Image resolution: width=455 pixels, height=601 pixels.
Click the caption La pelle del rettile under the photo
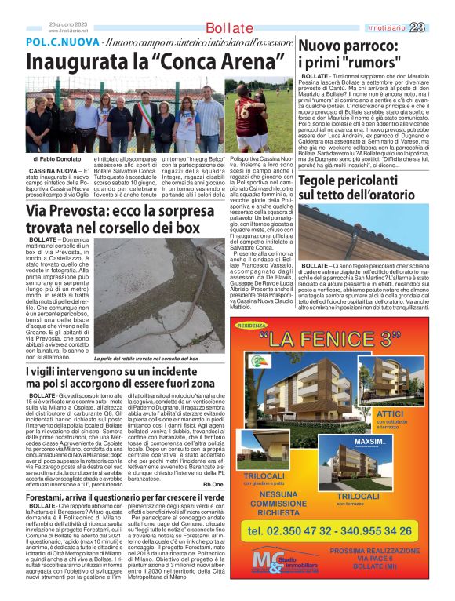point(126,358)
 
